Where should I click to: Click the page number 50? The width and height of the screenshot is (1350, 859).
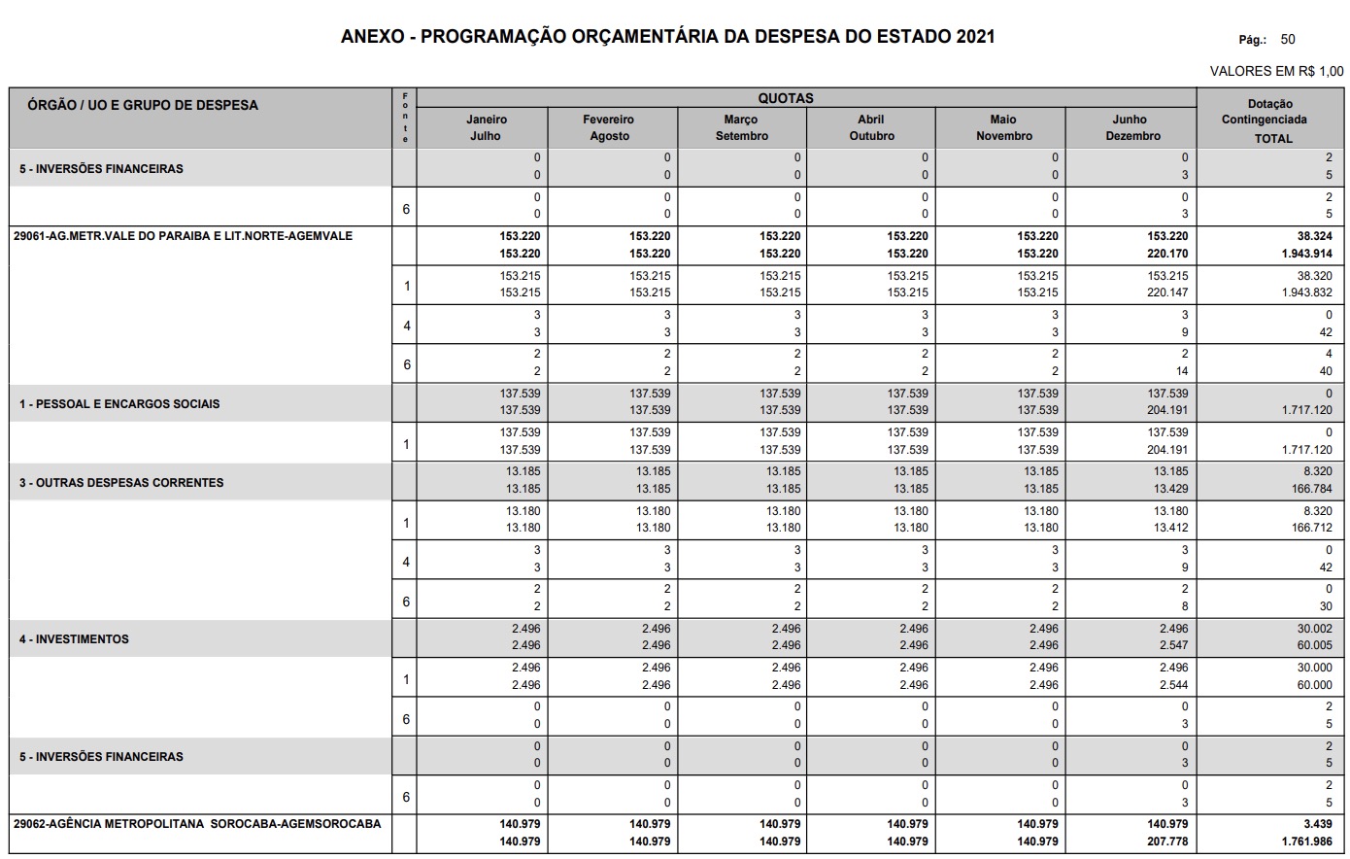tap(1288, 40)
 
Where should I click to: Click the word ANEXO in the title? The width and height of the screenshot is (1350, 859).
tap(373, 37)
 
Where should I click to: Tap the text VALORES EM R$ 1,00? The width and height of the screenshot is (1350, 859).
tap(1276, 71)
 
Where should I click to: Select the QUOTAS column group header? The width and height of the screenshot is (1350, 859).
tap(786, 98)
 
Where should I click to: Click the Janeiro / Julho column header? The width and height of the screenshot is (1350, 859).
tap(486, 127)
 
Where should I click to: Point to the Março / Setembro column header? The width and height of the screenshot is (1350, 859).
tap(741, 127)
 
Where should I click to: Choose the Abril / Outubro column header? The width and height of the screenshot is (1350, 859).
tap(871, 127)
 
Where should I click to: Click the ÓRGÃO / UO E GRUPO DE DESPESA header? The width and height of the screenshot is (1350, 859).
tap(143, 105)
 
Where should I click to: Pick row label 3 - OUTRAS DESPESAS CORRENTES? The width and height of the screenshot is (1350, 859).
tap(121, 482)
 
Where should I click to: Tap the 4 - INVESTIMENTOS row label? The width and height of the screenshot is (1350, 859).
tap(74, 639)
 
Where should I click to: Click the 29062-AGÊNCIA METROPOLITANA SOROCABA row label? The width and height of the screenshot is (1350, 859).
tap(197, 824)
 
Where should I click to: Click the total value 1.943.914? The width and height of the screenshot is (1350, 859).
tap(1306, 254)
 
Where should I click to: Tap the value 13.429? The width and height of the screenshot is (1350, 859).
tap(1170, 489)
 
